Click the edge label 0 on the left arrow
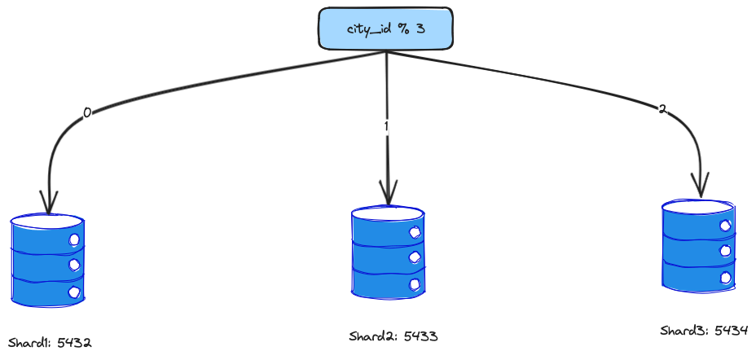[x=87, y=113]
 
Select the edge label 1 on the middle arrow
[x=386, y=127]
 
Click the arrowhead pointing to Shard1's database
[x=49, y=202]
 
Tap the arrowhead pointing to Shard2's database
[x=388, y=194]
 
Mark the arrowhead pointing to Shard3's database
[x=700, y=186]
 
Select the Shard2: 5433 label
[x=388, y=336]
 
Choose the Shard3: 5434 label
[x=704, y=330]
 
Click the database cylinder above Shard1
[x=47, y=259]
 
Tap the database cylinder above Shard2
[x=388, y=252]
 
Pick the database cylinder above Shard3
[x=699, y=244]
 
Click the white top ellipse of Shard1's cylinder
[x=47, y=222]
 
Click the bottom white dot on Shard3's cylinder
[x=725, y=278]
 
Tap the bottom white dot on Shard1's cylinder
[x=74, y=291]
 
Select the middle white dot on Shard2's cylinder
[x=415, y=257]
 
